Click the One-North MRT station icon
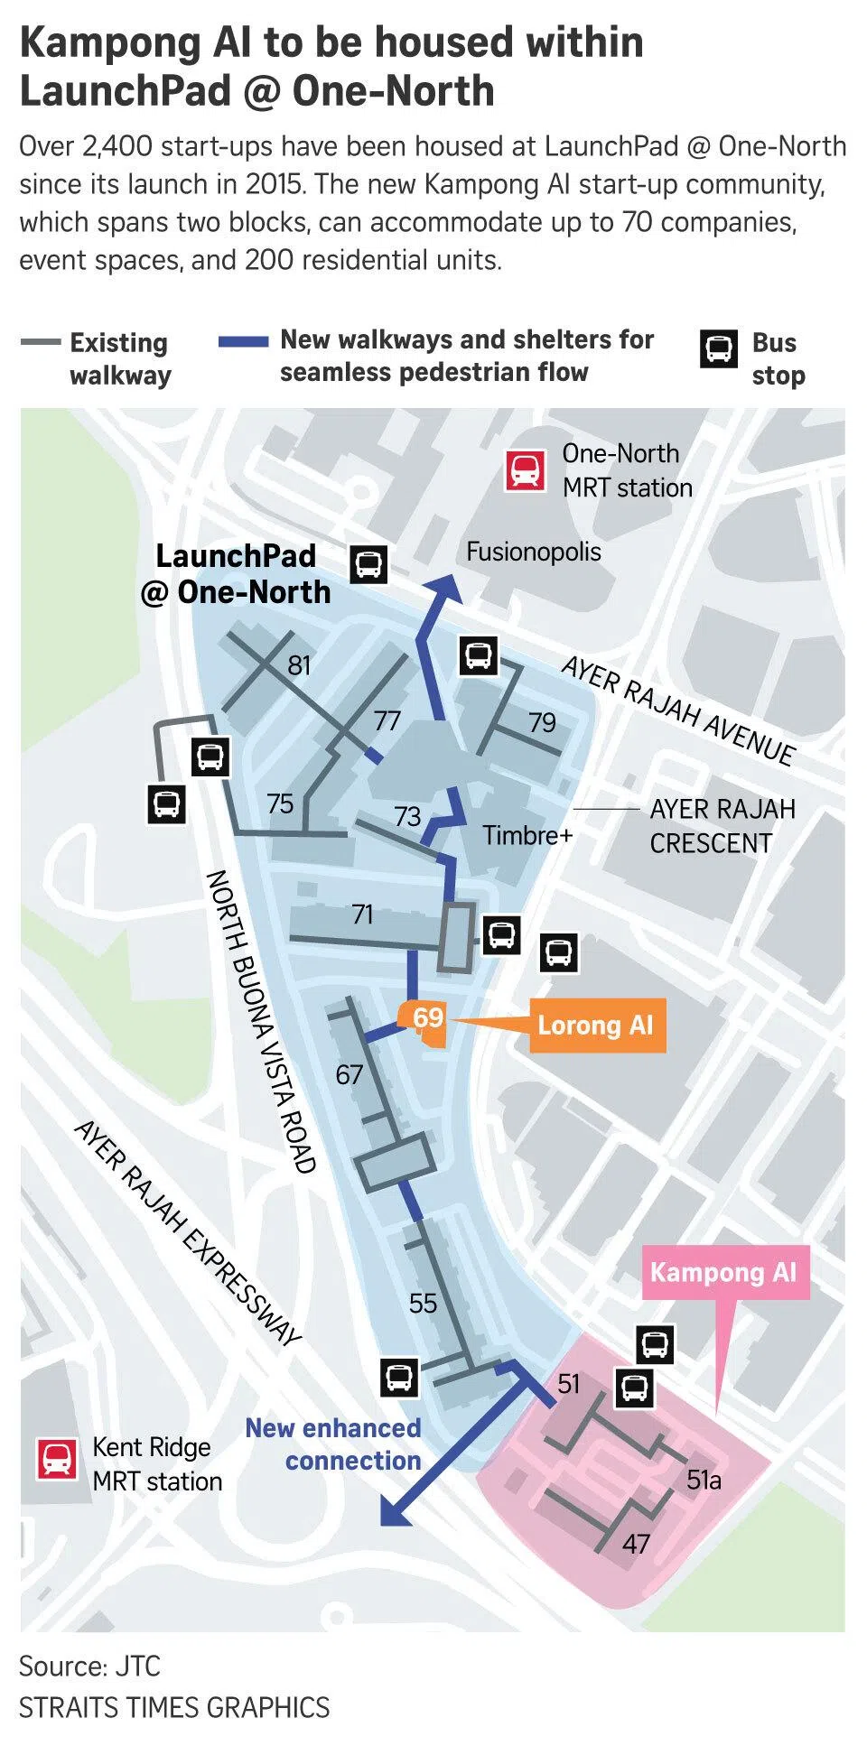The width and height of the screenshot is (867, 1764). coord(525,470)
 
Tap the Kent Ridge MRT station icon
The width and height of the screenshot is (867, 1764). coord(57,1459)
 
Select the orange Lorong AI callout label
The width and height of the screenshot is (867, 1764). coord(596,1026)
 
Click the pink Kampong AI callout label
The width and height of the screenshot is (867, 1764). coord(723,1273)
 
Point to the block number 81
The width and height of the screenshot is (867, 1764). coord(299,665)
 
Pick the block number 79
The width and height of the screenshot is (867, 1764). coord(542,722)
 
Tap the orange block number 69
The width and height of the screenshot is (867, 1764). coord(427,1018)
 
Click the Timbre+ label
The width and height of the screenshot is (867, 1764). coord(527,835)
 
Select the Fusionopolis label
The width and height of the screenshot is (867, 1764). coord(533,552)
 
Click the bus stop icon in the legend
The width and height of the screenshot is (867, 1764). coord(719,348)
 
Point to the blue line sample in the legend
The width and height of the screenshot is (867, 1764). coord(243,342)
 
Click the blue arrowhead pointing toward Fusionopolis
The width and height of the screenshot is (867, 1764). coord(445,590)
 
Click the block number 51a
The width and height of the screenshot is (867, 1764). coord(704,1480)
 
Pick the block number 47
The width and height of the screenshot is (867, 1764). coord(636,1544)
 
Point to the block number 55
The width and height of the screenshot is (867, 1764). coord(423,1303)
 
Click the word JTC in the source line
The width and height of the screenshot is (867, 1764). coord(137,1666)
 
